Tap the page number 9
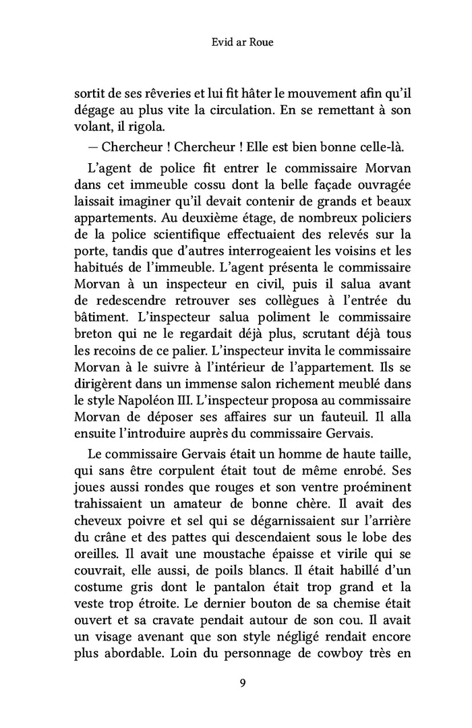(241, 683)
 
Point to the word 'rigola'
(140, 127)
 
